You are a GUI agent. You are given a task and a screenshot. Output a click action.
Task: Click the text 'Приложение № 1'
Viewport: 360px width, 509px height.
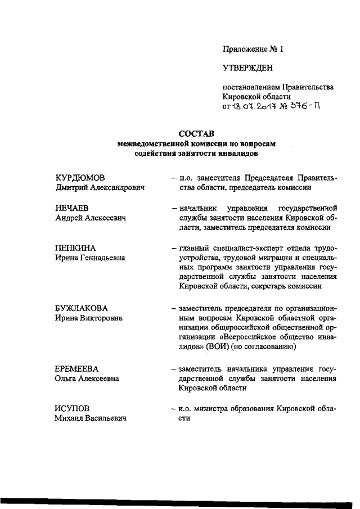point(253,49)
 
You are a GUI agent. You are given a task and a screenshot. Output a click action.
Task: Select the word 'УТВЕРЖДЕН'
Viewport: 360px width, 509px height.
point(247,69)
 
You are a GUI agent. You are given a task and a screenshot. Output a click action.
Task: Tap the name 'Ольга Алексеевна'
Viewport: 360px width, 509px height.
point(87,379)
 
